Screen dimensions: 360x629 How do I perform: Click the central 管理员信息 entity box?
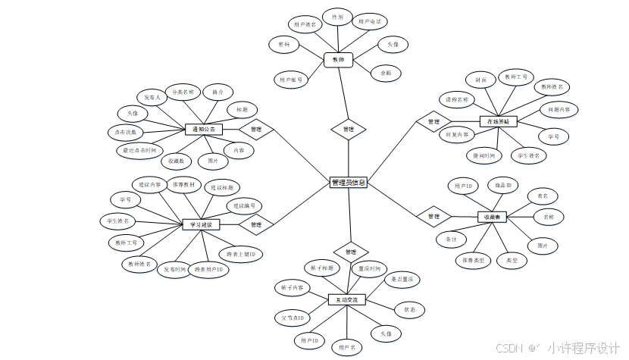click(349, 183)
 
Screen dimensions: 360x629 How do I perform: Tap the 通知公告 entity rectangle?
click(202, 130)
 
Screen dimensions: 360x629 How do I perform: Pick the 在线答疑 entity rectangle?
click(497, 121)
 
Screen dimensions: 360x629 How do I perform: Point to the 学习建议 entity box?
click(202, 224)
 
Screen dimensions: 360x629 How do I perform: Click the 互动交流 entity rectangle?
click(347, 300)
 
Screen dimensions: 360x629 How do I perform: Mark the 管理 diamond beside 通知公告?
click(255, 130)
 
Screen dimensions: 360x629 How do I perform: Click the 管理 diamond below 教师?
click(349, 130)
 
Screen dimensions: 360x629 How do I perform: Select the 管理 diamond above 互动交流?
click(349, 251)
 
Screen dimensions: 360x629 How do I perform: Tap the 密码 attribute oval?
click(284, 45)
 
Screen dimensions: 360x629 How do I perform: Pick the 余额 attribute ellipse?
click(386, 73)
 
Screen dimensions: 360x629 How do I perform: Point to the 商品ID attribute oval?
click(502, 185)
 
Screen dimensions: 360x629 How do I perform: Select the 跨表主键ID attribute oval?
click(240, 254)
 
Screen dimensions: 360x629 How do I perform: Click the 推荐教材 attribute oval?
click(184, 184)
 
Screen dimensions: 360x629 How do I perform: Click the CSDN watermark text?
click(501, 348)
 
